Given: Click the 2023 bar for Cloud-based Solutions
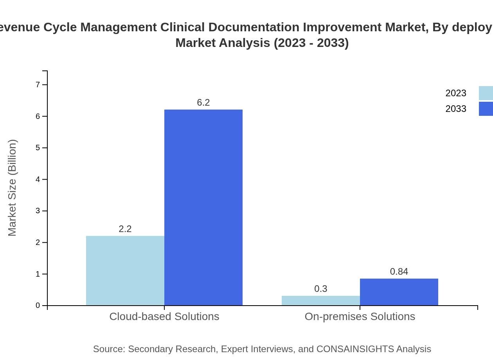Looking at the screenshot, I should (125, 271).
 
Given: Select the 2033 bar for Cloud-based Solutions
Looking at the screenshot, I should (203, 207).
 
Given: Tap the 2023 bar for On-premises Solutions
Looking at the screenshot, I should (321, 301).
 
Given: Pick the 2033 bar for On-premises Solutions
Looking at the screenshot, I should (399, 292).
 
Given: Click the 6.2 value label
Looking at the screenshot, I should (203, 103).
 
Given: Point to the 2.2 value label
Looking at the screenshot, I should (125, 229).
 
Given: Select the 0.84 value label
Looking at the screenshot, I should (399, 272).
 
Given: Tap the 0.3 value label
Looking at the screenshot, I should (321, 289).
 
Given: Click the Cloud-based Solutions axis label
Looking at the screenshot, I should (164, 316).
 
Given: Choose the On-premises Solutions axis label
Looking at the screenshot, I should (360, 316).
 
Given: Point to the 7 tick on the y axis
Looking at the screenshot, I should (38, 85).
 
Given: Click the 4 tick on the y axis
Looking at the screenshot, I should (38, 179).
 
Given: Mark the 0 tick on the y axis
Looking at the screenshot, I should (38, 306).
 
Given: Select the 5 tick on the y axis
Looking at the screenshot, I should (38, 148).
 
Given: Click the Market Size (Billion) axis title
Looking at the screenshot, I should (12, 188).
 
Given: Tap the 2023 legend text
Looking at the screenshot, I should (456, 93).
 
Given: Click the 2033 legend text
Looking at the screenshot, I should (456, 109).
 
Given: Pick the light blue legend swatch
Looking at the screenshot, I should (486, 93).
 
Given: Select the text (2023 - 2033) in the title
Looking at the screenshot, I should (311, 43).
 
